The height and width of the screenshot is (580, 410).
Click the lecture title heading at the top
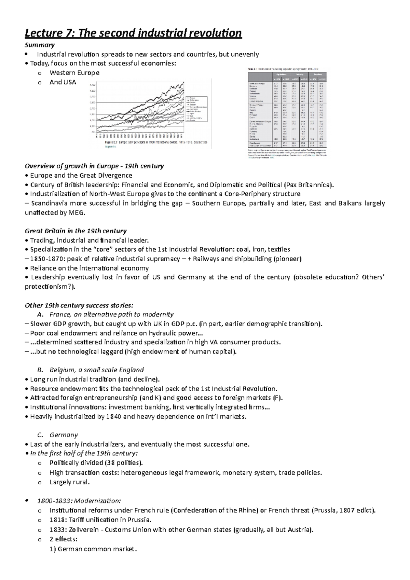[x=133, y=33]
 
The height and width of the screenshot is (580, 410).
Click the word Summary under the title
[x=40, y=45]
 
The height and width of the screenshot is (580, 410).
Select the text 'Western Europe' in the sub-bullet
[x=74, y=73]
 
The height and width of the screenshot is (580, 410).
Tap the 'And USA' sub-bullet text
[x=63, y=82]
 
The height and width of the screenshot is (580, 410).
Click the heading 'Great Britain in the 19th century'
[x=76, y=231]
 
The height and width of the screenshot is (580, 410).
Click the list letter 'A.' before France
[x=38, y=314]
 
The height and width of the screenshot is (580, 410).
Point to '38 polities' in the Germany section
[x=123, y=463]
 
